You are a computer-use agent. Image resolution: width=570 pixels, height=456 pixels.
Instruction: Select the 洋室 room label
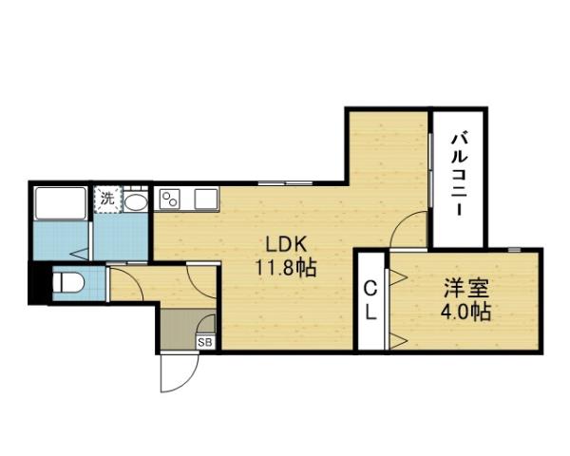click(x=466, y=287)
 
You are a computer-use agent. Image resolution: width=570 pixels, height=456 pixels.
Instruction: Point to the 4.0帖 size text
click(x=465, y=312)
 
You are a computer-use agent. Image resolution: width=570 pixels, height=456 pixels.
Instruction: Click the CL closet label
click(x=370, y=300)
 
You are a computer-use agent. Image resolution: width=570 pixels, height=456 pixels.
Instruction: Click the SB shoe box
click(x=203, y=342)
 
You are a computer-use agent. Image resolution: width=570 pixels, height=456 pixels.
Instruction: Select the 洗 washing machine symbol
click(x=108, y=200)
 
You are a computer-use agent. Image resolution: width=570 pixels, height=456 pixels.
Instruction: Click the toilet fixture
click(x=67, y=282)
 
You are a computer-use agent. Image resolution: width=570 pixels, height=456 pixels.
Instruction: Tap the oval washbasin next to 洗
click(x=136, y=201)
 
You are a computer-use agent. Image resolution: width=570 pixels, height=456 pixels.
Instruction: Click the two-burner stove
click(x=172, y=199)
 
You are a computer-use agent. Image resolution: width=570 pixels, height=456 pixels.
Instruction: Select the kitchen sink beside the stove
click(x=206, y=199)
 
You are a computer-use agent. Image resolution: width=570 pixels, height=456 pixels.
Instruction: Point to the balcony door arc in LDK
click(x=409, y=229)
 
